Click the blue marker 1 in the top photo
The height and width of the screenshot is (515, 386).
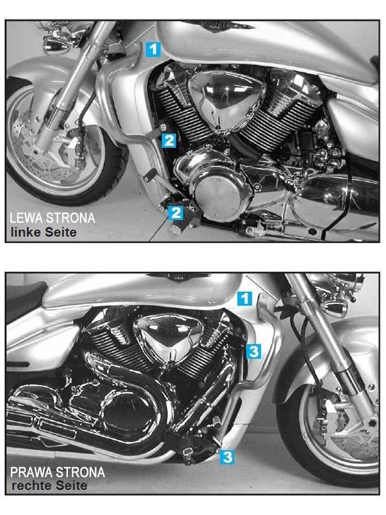point(153,49)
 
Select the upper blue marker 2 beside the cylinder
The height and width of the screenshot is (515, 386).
point(169,141)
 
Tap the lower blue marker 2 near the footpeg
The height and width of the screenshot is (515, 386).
point(176,213)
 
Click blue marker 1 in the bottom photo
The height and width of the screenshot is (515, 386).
point(245,299)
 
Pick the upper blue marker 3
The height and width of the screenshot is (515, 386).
point(254,351)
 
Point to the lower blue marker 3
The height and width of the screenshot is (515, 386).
point(227,457)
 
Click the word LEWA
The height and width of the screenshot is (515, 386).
point(26,218)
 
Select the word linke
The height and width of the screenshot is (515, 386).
point(26,232)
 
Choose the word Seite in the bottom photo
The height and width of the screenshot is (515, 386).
point(71,486)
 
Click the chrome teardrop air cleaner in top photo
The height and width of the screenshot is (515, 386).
point(226,102)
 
